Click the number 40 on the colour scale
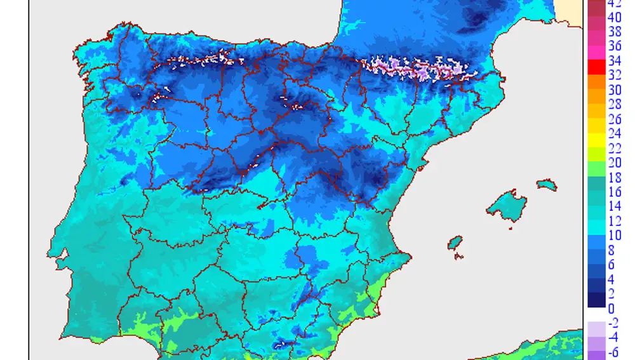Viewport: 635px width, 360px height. [614, 18]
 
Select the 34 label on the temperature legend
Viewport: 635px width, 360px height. [614, 62]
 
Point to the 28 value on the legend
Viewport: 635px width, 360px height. [614, 105]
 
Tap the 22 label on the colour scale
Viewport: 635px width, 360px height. [614, 148]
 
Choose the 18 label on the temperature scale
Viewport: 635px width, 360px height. [614, 177]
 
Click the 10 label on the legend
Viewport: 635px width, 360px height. [614, 236]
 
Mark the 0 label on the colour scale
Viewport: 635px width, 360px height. [611, 309]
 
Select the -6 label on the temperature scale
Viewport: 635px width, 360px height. [614, 352]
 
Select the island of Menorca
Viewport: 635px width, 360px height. [546, 185]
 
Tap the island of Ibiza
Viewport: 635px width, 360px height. [455, 243]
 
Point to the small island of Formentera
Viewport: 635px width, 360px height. [457, 257]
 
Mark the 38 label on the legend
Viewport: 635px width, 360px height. [614, 32]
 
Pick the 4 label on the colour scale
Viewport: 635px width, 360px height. [611, 279]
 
